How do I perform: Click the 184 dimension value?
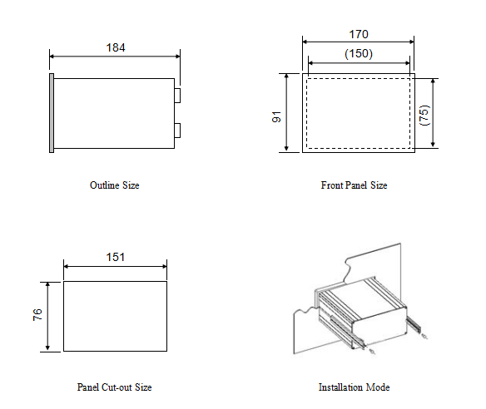click(x=116, y=47)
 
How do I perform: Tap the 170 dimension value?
click(x=359, y=34)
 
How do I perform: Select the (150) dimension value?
click(x=359, y=53)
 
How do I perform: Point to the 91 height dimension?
click(x=276, y=116)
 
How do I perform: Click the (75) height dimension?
click(x=424, y=116)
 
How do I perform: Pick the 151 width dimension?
click(x=116, y=257)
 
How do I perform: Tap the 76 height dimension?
click(x=37, y=314)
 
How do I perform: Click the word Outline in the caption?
click(x=105, y=185)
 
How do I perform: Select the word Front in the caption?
click(x=332, y=185)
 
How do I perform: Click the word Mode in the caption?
click(x=378, y=387)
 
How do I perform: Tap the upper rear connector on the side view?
click(x=177, y=96)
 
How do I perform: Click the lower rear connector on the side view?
click(x=177, y=131)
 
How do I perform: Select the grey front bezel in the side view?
click(x=52, y=113)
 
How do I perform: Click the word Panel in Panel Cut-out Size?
click(x=88, y=387)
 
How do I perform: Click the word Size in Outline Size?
click(x=131, y=185)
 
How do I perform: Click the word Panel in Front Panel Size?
click(x=356, y=185)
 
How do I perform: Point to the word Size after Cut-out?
click(x=143, y=387)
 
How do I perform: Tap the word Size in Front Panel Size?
click(x=379, y=185)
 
